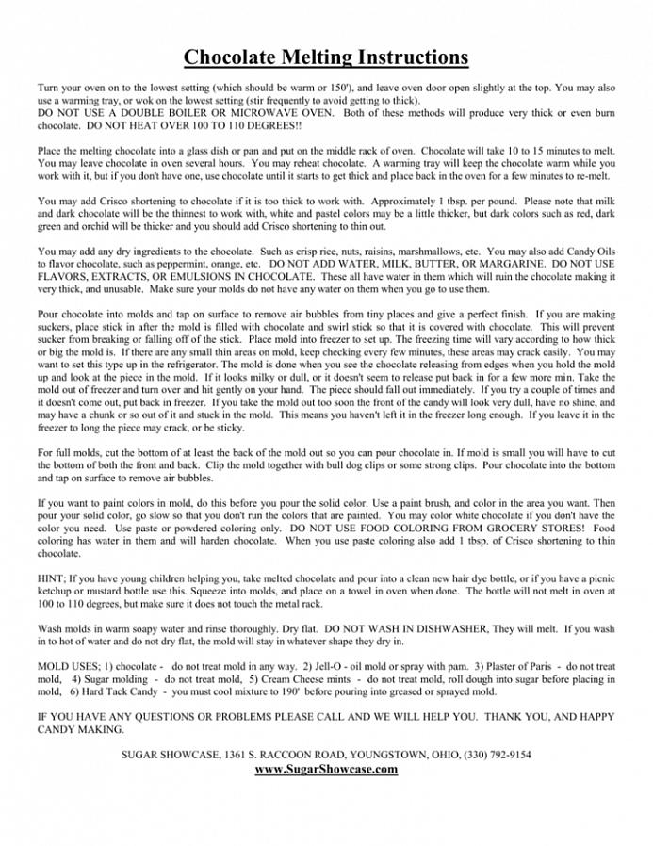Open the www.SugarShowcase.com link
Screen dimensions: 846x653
coord(326,769)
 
